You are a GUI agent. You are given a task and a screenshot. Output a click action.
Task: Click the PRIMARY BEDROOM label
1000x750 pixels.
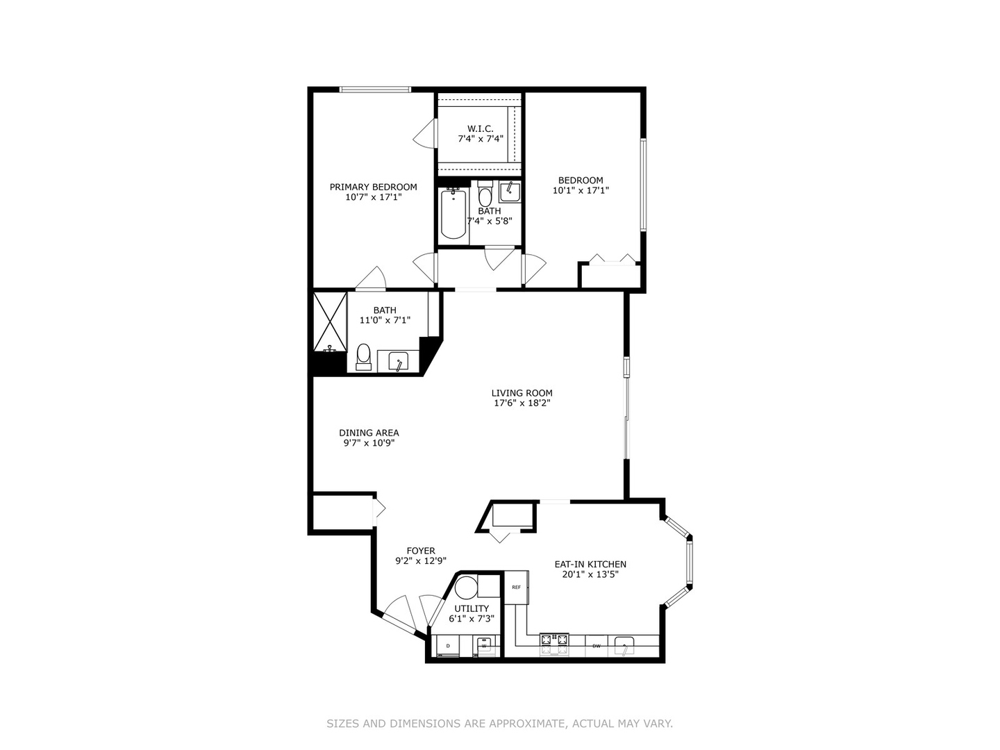[x=373, y=187]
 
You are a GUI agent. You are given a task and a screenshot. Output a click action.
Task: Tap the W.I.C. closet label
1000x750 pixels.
[x=480, y=128]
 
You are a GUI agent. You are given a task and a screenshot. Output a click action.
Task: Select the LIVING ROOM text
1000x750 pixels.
[x=522, y=393]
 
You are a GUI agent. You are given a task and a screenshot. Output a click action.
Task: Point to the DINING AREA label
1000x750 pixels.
[x=369, y=433]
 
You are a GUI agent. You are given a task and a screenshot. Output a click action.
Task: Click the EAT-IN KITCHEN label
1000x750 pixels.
[x=590, y=565]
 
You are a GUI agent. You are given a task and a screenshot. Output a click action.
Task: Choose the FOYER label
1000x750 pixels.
[x=421, y=551]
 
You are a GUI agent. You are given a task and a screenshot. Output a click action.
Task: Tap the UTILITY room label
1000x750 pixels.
[x=472, y=608]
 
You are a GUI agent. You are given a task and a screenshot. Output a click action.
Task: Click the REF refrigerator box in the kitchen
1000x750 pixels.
[x=516, y=587]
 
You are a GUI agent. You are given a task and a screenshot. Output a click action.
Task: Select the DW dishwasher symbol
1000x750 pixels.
[x=596, y=647]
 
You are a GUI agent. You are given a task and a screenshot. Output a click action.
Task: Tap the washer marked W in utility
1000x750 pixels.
[x=485, y=647]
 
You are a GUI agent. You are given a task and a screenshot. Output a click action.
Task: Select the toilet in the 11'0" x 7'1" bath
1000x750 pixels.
[x=363, y=356]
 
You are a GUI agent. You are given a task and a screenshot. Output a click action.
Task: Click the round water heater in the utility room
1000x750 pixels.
[x=466, y=587]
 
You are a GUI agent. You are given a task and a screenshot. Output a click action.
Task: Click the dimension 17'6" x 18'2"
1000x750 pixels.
[x=522, y=403]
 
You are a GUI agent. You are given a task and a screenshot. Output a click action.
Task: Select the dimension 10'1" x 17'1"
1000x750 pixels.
[x=581, y=190]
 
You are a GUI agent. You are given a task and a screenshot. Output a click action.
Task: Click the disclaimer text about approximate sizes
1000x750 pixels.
[x=499, y=724]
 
